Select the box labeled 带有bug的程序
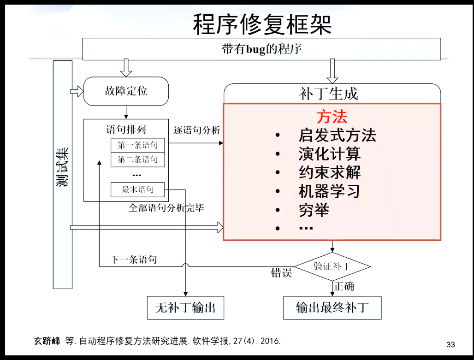coord(261,49)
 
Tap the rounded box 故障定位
coord(126,91)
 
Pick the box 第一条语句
coord(137,145)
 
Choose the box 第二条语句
coord(137,159)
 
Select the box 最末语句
coord(137,189)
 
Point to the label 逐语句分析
coord(197,130)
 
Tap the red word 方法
coord(332,116)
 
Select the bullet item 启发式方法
coord(337,135)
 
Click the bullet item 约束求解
coord(329,172)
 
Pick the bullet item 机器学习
coord(329,191)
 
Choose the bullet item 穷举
coord(314,210)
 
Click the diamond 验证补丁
coord(332,266)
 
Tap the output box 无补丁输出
coord(185,307)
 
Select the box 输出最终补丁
coord(332,307)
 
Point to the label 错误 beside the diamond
coord(281,273)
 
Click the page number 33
coord(450,344)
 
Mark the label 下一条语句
coord(133,260)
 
